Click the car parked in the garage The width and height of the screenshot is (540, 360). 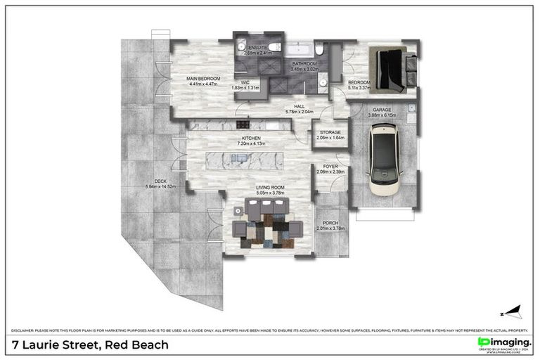[384, 160]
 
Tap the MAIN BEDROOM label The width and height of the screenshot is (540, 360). [203, 78]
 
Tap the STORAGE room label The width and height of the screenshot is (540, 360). [330, 132]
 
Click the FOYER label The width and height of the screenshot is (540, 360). [330, 167]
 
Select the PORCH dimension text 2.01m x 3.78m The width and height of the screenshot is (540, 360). [330, 229]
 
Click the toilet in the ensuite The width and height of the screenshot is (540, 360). [276, 47]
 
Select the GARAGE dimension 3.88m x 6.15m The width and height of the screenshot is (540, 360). [382, 115]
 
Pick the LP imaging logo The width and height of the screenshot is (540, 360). [503, 342]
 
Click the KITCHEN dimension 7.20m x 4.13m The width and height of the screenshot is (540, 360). [251, 144]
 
